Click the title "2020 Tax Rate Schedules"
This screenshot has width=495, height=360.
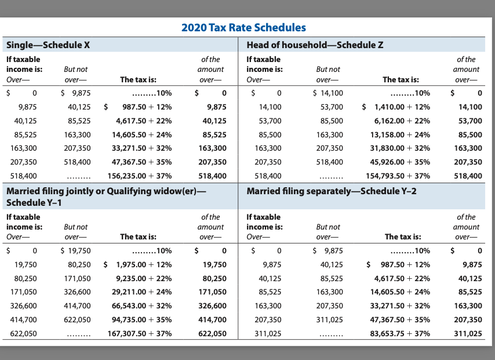[x=243, y=27]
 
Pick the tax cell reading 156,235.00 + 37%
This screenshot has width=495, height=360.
[x=139, y=175]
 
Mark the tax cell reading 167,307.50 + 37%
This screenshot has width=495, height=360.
[x=140, y=333]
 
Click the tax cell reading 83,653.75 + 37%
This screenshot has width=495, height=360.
[x=400, y=333]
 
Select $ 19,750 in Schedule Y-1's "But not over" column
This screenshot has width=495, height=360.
[x=75, y=250]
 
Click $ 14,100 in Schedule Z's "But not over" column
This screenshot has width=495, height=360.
[x=327, y=93]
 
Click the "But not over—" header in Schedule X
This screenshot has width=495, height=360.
[x=76, y=75]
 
